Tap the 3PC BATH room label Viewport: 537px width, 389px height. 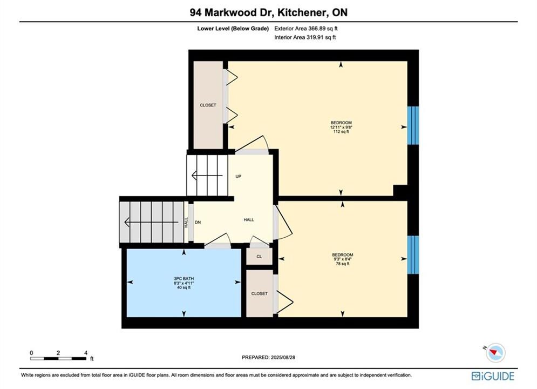(x=183, y=279)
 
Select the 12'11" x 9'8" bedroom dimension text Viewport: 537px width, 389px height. (x=341, y=127)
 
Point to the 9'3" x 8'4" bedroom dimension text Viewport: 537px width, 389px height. (x=343, y=259)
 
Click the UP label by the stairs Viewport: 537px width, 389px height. (x=239, y=177)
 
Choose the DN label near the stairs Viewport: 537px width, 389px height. (x=198, y=223)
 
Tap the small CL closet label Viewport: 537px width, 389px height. (x=259, y=257)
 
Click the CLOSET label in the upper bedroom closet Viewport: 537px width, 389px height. (x=208, y=105)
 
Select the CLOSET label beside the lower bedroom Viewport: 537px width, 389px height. (x=259, y=294)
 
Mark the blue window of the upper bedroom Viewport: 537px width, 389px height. (x=413, y=125)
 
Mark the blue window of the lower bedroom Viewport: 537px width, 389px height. (x=413, y=254)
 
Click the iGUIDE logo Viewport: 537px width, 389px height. (x=493, y=376)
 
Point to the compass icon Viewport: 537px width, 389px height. (x=495, y=352)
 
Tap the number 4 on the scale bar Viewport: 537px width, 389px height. (x=86, y=353)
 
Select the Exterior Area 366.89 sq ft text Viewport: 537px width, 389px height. (x=306, y=29)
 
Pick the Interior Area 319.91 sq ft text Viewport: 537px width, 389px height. (x=305, y=37)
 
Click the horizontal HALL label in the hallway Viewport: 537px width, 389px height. (x=249, y=220)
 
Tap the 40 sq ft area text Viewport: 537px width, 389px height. (x=183, y=287)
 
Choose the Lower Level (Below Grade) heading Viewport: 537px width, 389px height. (x=233, y=29)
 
